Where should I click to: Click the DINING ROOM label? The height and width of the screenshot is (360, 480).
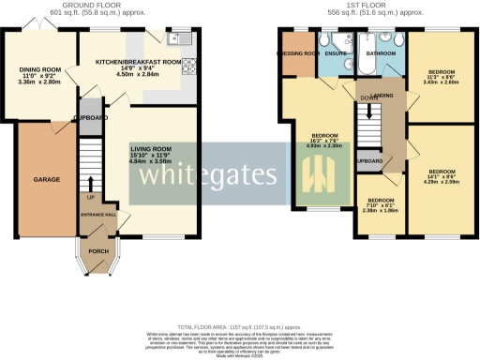[x=38, y=68]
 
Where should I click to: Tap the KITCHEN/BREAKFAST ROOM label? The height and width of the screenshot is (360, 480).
[x=138, y=61]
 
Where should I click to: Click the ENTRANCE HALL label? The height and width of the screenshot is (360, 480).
[x=96, y=216]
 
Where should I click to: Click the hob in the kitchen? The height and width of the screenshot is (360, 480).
[x=187, y=66]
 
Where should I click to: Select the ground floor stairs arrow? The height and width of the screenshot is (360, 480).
[x=90, y=185]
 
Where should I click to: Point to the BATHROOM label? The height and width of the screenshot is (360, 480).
[x=381, y=54]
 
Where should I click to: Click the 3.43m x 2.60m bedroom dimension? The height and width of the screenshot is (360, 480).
[x=441, y=82]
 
